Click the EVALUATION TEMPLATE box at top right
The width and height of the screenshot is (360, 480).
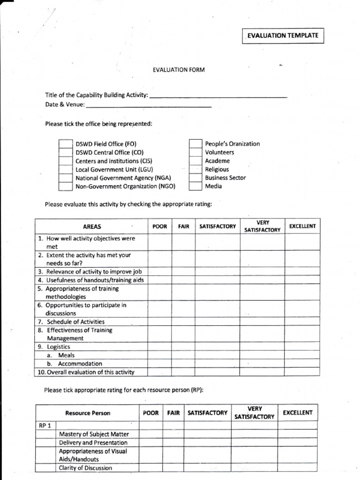pos(283,36)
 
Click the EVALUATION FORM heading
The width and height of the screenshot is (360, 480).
pos(179,70)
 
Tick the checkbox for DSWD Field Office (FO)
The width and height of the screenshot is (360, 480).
pos(66,144)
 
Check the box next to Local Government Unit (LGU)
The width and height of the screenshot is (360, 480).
pos(66,169)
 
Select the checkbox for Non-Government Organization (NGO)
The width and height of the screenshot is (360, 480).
pos(66,186)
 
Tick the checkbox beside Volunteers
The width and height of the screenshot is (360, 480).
pos(195,152)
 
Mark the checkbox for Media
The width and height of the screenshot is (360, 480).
pos(195,186)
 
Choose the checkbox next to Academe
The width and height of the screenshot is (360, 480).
pos(195,161)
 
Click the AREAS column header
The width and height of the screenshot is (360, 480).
pos(92,226)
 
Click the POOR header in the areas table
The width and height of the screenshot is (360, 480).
pos(160,226)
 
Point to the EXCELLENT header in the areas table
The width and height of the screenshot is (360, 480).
pos(302,226)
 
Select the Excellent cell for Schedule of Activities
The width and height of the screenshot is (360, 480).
pos(302,322)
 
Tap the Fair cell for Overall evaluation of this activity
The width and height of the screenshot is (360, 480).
pos(183,372)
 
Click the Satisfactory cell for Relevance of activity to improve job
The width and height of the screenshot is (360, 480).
pos(217,271)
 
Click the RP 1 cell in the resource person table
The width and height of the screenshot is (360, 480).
pos(46,426)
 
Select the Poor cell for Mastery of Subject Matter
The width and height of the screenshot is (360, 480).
pos(150,434)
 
